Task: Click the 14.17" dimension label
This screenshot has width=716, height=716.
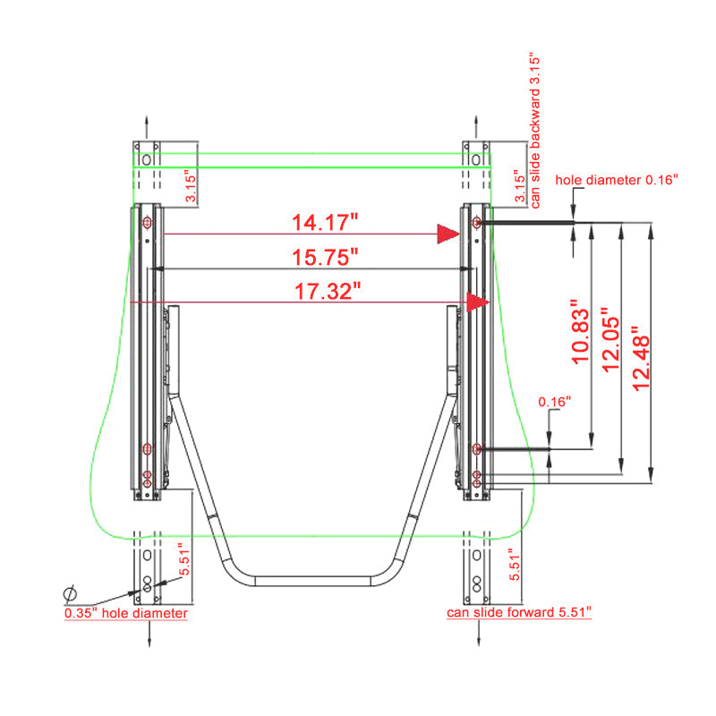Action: tap(325, 222)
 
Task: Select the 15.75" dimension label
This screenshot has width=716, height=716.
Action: tap(325, 257)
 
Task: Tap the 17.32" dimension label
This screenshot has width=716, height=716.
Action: tap(328, 292)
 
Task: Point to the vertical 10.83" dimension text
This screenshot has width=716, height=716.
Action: tap(580, 332)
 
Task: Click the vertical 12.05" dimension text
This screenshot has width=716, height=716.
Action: tap(610, 339)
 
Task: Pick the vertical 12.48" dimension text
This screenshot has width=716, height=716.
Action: tap(641, 359)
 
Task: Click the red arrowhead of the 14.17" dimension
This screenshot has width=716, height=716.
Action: tap(448, 234)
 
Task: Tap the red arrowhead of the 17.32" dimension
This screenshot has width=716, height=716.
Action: tap(478, 302)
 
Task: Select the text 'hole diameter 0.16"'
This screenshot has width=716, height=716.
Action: tap(617, 180)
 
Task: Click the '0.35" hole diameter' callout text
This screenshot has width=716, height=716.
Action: tap(126, 613)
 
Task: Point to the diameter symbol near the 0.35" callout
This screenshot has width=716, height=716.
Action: tap(70, 593)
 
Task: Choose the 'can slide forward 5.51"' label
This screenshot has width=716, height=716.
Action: tap(519, 612)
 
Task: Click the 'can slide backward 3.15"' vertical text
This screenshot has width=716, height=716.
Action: tap(535, 132)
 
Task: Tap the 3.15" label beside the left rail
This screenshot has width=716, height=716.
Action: tap(191, 185)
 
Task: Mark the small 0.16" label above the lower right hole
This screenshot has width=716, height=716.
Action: tap(554, 402)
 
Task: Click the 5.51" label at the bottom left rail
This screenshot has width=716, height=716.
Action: tap(184, 559)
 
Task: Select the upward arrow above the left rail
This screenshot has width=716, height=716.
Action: tap(147, 127)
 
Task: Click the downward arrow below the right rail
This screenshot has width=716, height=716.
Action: tap(478, 634)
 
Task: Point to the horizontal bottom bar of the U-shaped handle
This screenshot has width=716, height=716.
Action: tap(312, 581)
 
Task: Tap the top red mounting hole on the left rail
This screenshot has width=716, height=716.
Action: tap(147, 223)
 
